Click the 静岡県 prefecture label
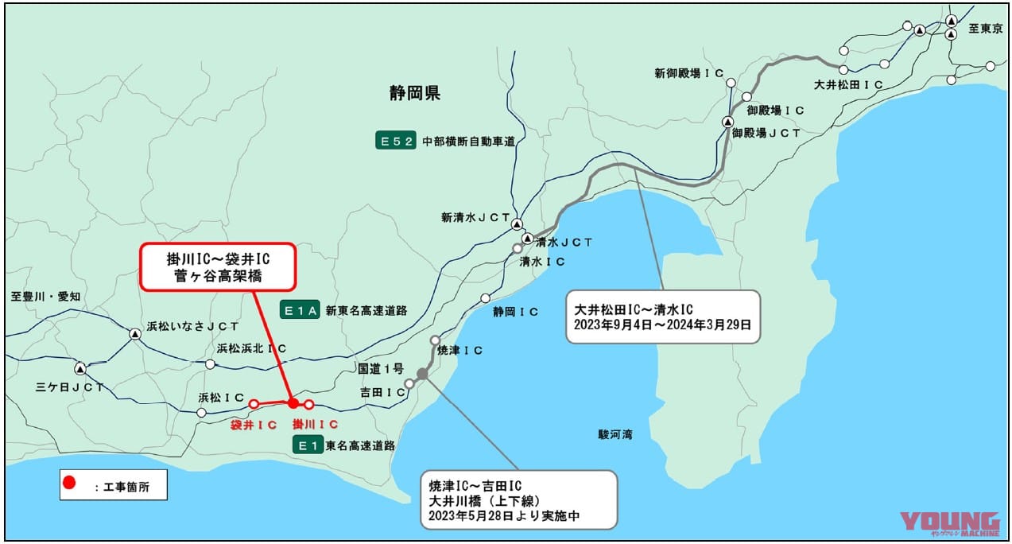414,94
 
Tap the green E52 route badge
396,142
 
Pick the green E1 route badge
308,445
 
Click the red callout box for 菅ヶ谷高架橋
218,266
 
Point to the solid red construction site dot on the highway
293,403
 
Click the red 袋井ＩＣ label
254,425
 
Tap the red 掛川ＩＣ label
316,425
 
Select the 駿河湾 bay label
615,435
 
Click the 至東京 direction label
983,29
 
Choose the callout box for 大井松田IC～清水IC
662,317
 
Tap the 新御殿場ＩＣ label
688,73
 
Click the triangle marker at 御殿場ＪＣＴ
727,122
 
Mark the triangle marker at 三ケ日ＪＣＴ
80,369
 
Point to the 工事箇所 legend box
114,484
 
